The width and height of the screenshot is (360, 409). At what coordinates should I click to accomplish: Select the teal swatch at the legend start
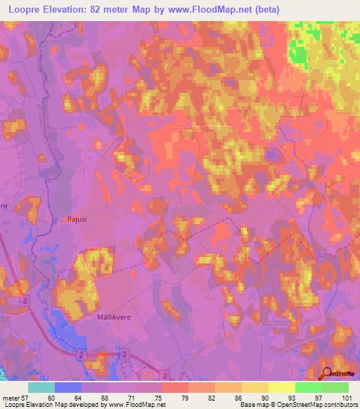(x=41, y=387)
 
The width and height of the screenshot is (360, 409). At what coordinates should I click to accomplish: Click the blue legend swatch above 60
(x=68, y=387)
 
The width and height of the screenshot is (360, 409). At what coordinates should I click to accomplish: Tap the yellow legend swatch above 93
(x=282, y=387)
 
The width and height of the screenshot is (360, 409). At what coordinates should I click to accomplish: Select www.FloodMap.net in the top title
(x=215, y=9)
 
